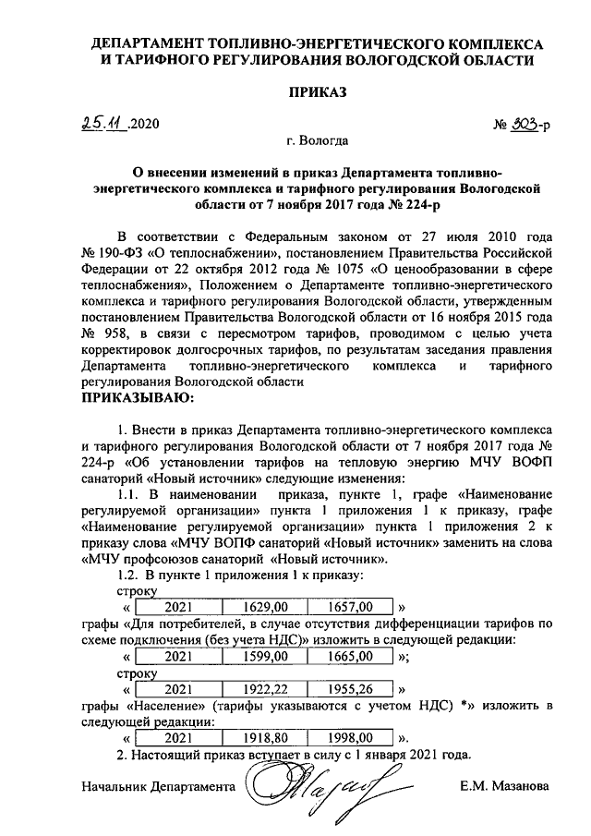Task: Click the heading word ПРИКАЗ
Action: point(317,93)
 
